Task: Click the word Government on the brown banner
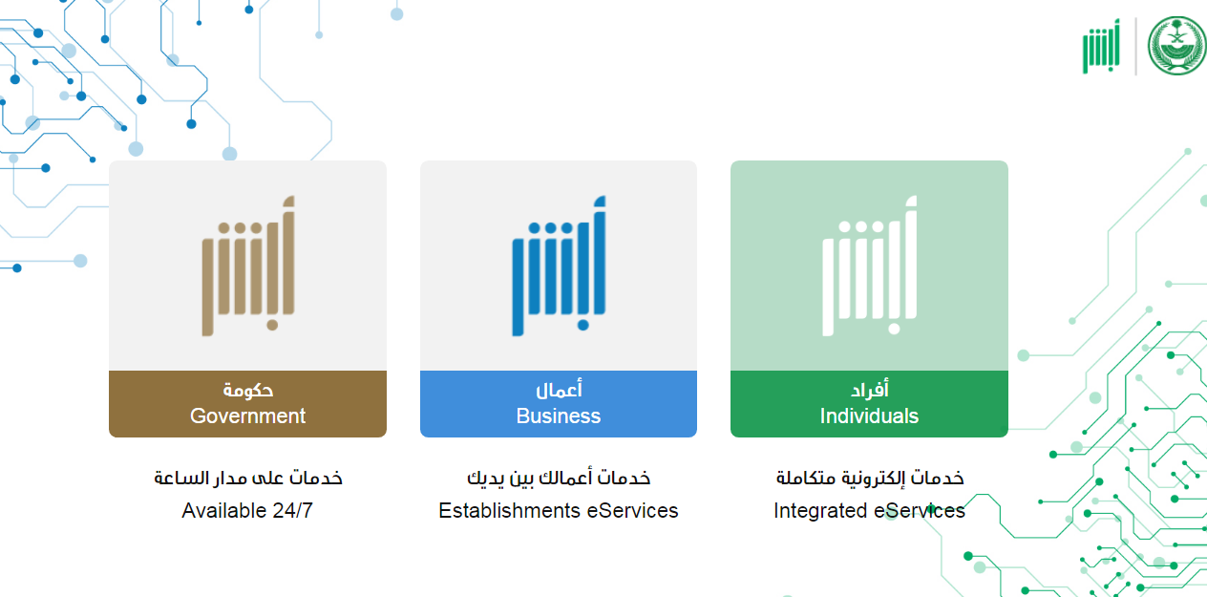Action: coord(248,416)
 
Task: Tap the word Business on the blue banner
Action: coord(559,416)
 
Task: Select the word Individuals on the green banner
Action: coord(869,416)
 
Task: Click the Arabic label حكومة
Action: coord(248,390)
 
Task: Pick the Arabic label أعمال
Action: coord(559,389)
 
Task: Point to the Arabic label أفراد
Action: coord(870,389)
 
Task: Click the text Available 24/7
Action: coord(247,510)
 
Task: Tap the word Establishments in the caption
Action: coord(509,510)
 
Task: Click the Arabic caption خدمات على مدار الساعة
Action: coord(248,478)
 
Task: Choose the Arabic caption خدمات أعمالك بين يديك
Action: coord(559,478)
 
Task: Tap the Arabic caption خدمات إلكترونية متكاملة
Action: coord(870,478)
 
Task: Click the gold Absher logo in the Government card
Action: coord(248,267)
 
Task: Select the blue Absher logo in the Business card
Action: coord(559,267)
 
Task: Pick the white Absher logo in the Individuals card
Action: coord(869,267)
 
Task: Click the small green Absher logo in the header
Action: coord(1101,47)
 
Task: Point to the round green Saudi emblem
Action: coord(1176,45)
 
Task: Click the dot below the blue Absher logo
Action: coord(583,325)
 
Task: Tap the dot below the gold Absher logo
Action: coord(272,325)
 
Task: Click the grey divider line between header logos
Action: coord(1136,47)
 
